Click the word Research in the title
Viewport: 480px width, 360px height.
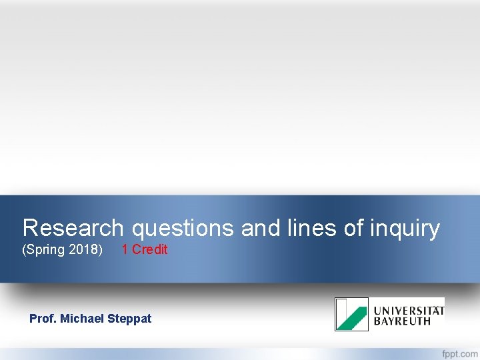point(73,228)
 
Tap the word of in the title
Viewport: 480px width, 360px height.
point(353,228)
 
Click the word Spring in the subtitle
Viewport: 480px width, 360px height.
point(45,250)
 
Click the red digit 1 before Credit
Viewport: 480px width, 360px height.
point(125,249)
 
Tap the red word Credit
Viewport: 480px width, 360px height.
point(150,249)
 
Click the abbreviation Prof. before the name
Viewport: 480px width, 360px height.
point(43,319)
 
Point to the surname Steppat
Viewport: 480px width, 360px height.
point(130,319)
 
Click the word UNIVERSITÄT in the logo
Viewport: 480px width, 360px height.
point(409,310)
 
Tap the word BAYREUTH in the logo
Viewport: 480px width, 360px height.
point(402,321)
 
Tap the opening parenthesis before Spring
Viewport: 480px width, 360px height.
point(25,250)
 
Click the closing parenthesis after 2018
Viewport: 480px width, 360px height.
point(101,250)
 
